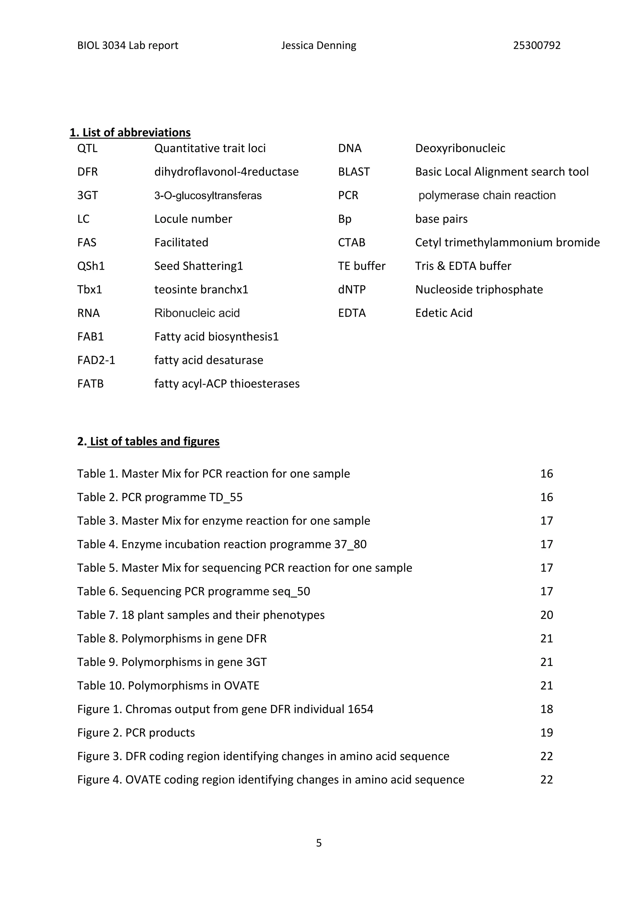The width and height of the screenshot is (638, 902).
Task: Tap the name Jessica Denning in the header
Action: (319, 45)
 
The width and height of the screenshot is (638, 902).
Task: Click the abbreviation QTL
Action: (87, 148)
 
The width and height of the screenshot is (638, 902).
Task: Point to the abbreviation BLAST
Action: (354, 172)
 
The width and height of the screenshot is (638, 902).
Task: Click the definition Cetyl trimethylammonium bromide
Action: (507, 242)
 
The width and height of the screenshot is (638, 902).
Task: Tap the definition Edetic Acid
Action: (444, 313)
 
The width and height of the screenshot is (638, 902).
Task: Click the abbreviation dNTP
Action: (352, 290)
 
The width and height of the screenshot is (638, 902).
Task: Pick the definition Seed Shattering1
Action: (198, 266)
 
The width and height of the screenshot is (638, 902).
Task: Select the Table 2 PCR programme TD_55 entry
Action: (159, 497)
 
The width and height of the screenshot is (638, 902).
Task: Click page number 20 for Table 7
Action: (546, 615)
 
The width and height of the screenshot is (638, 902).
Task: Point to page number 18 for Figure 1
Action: (546, 709)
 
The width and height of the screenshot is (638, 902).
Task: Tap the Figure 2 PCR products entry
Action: (136, 733)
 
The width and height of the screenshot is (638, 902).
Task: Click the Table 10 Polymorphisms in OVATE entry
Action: (168, 686)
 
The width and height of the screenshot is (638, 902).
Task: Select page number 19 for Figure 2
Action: (546, 733)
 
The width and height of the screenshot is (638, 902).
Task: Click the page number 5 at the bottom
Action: (319, 843)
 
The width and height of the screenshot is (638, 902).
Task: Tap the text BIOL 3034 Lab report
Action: (128, 45)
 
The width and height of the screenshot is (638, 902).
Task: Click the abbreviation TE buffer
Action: (361, 266)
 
